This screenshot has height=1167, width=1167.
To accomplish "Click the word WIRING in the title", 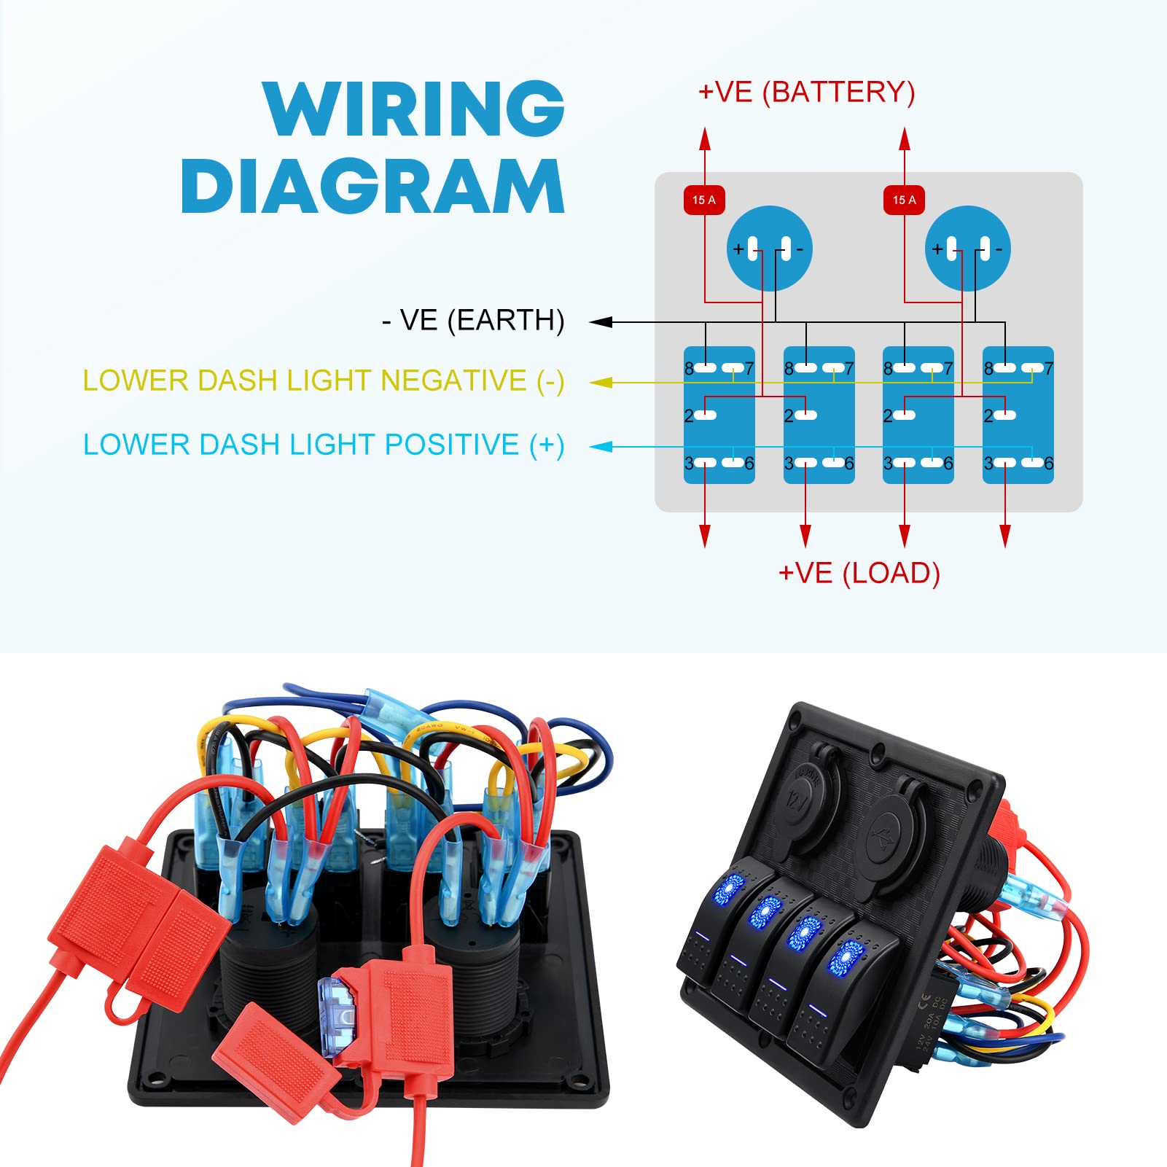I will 413,109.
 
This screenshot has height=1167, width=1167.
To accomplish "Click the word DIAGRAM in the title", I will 372,187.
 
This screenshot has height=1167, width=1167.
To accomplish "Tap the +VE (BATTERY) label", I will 806,93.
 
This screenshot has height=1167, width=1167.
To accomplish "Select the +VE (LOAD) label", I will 859,574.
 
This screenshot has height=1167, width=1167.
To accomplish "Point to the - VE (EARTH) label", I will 473,321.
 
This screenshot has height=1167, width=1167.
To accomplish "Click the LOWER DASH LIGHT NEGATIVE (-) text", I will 323,381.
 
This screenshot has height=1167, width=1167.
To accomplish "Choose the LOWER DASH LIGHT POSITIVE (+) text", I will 323,445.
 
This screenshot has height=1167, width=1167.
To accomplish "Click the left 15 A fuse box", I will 704,200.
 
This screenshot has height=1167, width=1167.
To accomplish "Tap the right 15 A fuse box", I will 904,200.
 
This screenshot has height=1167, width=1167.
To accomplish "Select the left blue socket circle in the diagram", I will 769,249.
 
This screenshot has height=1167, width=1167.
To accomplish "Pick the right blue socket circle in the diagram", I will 968,249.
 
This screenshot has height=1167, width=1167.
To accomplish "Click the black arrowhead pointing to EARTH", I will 601,321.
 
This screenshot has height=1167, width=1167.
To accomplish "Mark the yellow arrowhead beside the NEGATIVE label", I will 601,382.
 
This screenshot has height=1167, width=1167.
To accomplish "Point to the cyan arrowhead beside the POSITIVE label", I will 601,446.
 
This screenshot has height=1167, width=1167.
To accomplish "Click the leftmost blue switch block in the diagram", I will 719,415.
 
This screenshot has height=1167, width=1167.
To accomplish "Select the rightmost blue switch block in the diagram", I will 1018,415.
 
